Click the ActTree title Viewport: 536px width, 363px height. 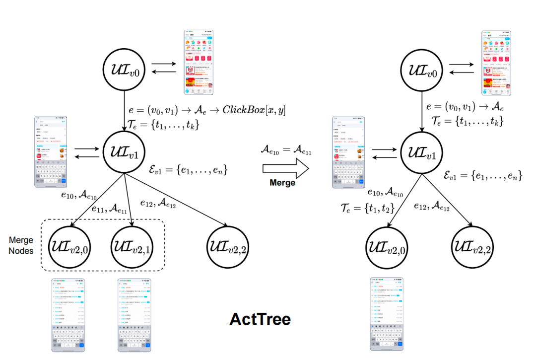tap(260, 319)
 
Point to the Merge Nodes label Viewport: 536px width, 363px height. tap(21, 245)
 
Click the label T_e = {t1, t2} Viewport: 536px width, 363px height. tap(368, 209)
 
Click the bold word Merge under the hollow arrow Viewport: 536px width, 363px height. tap(282, 183)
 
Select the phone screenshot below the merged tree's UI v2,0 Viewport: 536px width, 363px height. tap(386, 314)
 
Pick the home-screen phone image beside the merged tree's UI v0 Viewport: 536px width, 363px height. tap(496, 63)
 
